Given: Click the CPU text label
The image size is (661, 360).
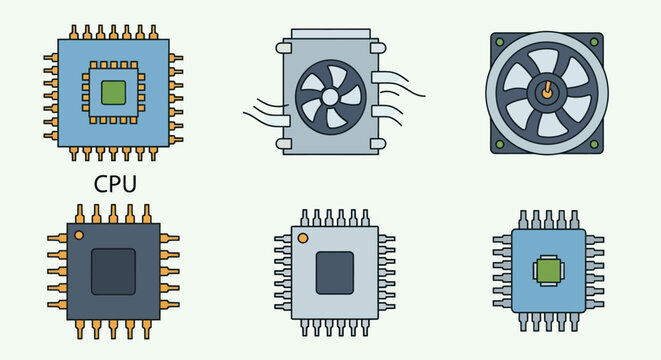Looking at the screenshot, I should click(x=114, y=184).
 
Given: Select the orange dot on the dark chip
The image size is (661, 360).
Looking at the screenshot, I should click(x=79, y=236).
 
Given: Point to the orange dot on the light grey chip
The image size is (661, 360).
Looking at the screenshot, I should click(x=305, y=238).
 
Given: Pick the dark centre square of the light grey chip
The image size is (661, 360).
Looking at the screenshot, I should click(x=334, y=272).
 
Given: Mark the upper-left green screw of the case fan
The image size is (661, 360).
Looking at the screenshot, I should click(x=498, y=42).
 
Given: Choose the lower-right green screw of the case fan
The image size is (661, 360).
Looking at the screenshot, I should click(x=594, y=144).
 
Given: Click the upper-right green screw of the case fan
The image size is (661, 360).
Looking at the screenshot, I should click(x=594, y=42).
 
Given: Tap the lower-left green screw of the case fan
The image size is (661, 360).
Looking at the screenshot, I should click(x=498, y=144).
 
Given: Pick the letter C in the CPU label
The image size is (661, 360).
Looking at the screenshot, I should click(x=100, y=184).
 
